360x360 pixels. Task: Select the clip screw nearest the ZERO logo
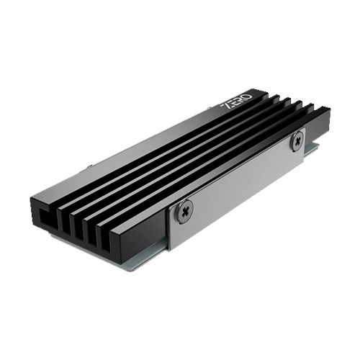tap(295, 140)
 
